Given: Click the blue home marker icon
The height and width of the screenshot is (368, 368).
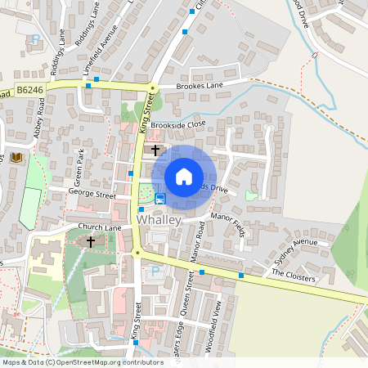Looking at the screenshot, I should tap(184, 176).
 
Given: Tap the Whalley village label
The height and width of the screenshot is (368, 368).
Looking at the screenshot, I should tap(159, 221).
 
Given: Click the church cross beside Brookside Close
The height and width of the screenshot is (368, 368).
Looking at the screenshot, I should tap(155, 150).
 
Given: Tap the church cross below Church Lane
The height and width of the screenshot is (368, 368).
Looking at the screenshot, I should tap(90, 242).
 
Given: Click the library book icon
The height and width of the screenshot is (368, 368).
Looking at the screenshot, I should tap(16, 157).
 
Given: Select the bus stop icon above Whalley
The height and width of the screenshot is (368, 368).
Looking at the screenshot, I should tap(160, 198).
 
